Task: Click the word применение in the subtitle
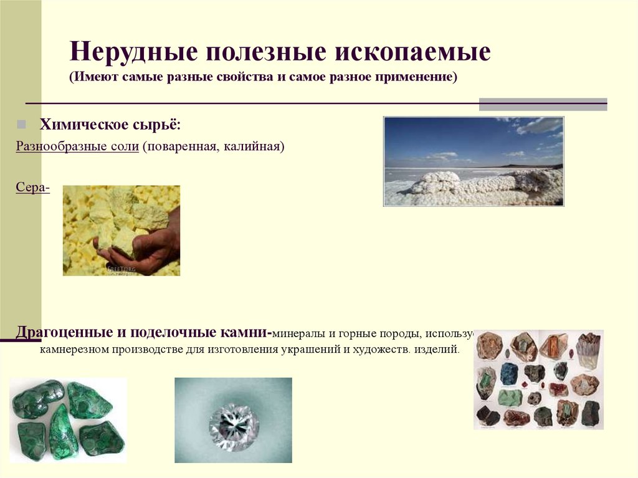coord(414,77)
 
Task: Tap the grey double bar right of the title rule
coord(542,104)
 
